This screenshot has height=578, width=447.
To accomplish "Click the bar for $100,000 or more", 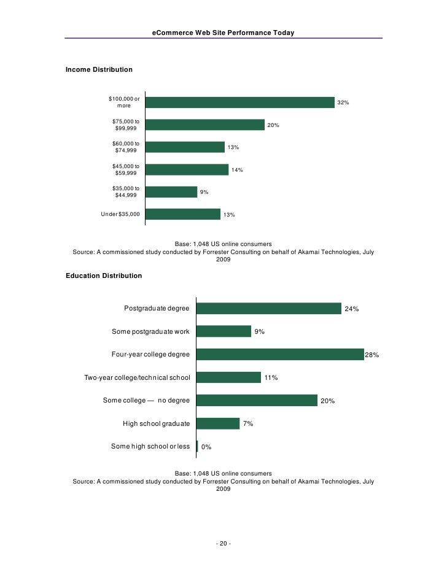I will click(239, 102).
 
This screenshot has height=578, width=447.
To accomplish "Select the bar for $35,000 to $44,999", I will click(171, 192).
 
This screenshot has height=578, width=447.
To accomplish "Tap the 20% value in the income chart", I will click(273, 125).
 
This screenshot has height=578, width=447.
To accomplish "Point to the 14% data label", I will click(237, 169).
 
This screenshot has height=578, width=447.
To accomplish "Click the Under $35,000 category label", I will click(120, 214).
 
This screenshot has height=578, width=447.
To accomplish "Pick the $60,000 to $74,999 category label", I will click(126, 147).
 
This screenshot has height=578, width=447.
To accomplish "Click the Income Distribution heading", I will click(99, 70).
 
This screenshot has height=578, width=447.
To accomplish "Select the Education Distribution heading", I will click(104, 276).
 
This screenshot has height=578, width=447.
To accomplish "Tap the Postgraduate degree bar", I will click(269, 309).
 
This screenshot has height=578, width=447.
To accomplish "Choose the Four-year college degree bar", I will click(281, 355).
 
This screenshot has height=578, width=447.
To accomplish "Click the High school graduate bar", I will click(218, 423).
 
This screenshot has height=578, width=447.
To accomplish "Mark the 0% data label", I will click(206, 447).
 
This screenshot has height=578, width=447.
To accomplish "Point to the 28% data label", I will click(372, 355).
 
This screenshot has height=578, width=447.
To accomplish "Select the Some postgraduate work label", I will click(150, 331).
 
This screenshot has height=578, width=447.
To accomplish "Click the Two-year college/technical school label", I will click(137, 377).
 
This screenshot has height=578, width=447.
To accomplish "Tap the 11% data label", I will click(271, 378).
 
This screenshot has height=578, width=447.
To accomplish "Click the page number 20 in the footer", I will click(223, 544).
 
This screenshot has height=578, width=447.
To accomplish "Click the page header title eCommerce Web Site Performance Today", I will click(223, 32).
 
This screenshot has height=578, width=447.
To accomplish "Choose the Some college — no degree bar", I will click(257, 401).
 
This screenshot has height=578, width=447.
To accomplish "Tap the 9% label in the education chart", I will click(260, 332).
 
